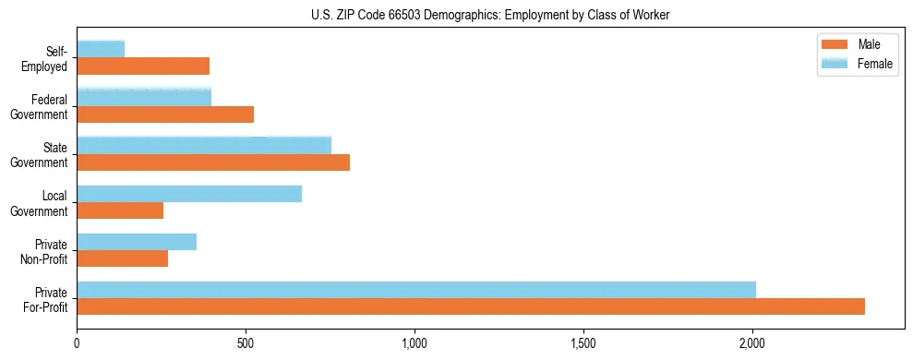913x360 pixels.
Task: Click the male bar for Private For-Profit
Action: (471, 306)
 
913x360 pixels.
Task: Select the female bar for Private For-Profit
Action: (416, 290)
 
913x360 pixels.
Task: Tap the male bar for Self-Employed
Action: (143, 66)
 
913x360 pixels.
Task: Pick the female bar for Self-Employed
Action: (101, 49)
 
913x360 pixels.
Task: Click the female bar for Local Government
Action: (189, 194)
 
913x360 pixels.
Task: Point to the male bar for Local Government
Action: (120, 210)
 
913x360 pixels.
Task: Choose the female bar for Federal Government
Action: (144, 97)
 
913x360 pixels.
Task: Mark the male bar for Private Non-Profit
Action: (123, 258)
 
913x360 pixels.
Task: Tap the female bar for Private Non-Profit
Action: (137, 242)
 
